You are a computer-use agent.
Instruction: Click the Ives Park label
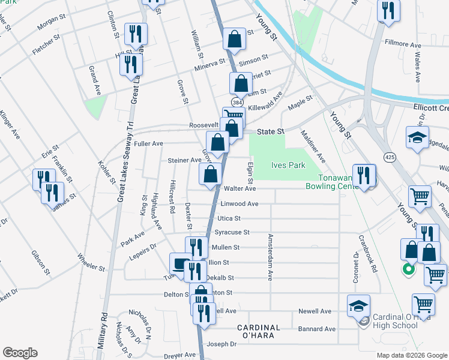[288, 166]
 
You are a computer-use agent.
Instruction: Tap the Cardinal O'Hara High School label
[394, 321]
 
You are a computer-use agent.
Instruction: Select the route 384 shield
[238, 102]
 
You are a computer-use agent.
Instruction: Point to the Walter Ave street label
[240, 188]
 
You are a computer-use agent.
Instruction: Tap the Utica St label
[229, 219]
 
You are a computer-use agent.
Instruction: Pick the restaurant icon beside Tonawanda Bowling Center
[364, 175]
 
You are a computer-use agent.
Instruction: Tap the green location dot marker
[408, 269]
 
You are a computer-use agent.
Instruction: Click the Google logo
[20, 353]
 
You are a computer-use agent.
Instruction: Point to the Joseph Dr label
[222, 344]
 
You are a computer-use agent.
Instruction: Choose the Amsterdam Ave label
[271, 265]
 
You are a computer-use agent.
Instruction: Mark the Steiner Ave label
[184, 160]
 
